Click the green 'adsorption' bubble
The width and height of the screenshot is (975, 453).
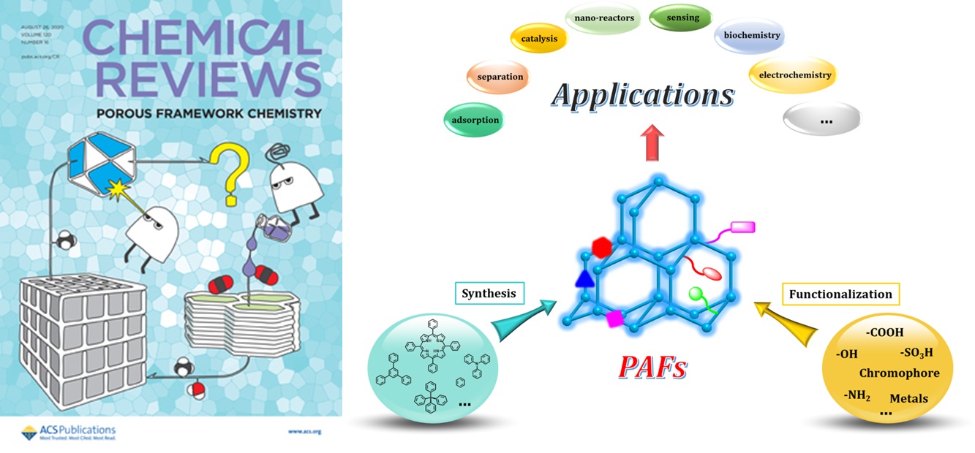475,120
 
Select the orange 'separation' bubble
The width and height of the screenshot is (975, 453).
499,77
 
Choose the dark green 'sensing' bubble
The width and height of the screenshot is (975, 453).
680,18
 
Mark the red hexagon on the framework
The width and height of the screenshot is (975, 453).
601,248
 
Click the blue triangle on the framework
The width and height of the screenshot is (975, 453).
584,278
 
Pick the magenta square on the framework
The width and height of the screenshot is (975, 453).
615,318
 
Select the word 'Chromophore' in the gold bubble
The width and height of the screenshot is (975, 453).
899,373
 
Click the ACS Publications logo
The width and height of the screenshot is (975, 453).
69,432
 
